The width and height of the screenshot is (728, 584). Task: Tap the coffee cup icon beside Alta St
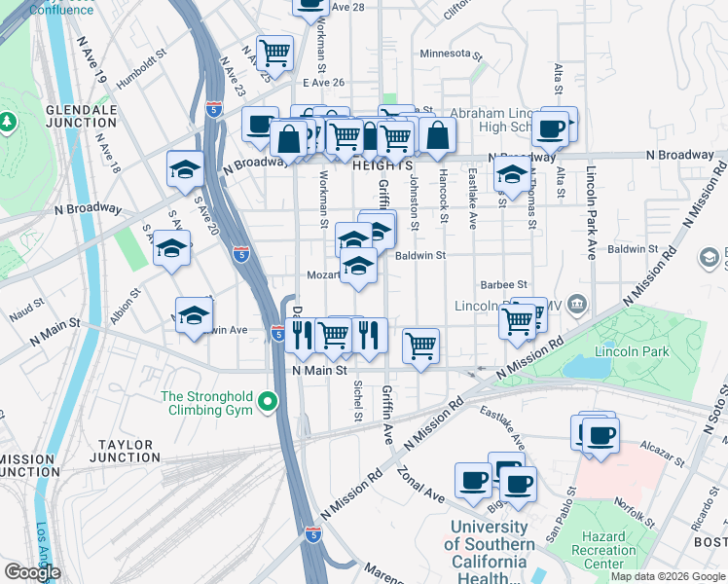[552, 127]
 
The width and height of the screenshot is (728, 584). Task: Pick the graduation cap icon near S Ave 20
[185, 169]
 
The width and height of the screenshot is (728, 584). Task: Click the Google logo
[33, 572]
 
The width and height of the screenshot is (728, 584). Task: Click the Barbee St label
[503, 284]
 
